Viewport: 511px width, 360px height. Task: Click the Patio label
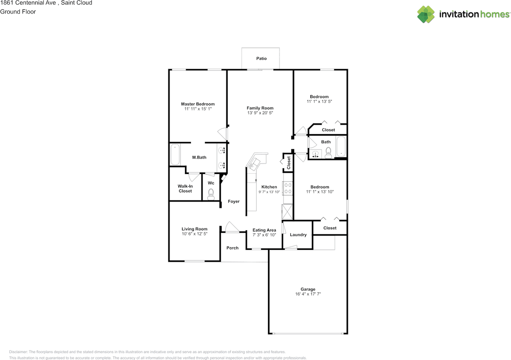261,58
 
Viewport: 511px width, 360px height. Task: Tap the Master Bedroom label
198,104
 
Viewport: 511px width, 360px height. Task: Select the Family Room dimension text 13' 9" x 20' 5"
260,113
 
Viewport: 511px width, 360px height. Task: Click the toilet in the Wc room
211,194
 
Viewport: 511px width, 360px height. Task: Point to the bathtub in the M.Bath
175,154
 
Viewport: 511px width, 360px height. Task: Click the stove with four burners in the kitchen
288,188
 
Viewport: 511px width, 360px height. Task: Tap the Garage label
308,289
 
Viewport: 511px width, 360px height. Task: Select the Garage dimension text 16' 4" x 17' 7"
308,294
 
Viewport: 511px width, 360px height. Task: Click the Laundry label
298,235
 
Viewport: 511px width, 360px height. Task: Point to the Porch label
232,248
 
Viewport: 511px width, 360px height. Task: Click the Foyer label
234,201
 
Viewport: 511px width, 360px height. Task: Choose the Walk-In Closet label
185,189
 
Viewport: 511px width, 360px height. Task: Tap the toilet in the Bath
328,153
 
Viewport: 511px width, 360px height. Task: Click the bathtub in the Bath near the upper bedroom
341,146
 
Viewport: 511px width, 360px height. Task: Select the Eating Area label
264,230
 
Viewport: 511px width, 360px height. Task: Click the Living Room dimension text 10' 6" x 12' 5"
194,233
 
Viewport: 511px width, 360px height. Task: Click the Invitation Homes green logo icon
426,14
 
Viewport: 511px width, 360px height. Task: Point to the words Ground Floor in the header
18,12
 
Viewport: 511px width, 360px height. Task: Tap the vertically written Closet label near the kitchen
289,163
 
